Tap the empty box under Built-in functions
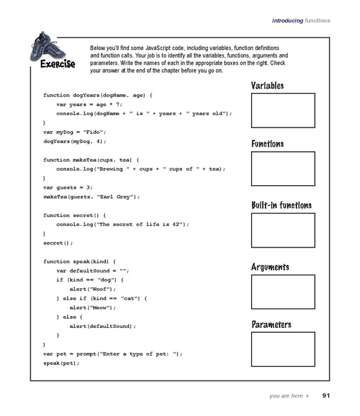tap(282, 229)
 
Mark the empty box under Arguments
tap(282, 291)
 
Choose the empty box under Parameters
tap(282, 350)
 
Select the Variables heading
tap(267, 85)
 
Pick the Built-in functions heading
tap(281, 205)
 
